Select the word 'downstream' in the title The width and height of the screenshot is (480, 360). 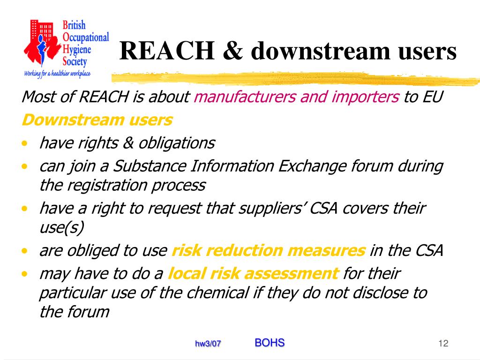[318, 51]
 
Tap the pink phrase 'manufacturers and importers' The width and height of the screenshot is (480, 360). [296, 97]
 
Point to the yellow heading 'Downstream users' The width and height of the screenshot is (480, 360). [97, 120]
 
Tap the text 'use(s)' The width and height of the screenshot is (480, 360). [61, 228]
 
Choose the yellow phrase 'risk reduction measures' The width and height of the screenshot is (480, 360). [269, 251]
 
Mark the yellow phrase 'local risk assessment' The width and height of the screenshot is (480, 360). [253, 273]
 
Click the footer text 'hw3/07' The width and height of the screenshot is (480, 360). [208, 344]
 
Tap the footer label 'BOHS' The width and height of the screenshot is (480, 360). [270, 343]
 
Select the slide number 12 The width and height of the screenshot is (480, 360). [443, 344]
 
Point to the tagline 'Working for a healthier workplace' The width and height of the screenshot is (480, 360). [57, 73]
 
